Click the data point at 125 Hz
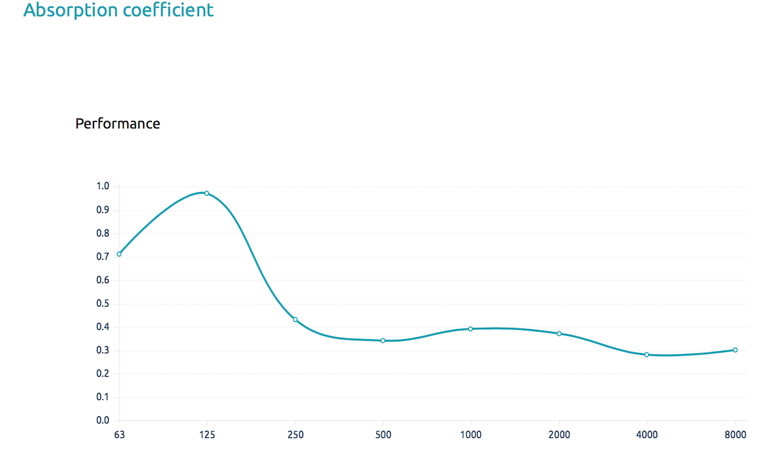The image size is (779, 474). (x=207, y=193)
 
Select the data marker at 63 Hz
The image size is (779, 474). (x=119, y=254)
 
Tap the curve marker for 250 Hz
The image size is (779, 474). (x=295, y=319)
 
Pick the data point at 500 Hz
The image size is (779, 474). (x=383, y=340)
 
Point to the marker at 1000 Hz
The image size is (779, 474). (x=471, y=329)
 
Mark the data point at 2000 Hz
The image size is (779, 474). (x=559, y=333)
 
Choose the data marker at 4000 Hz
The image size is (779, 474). (x=646, y=354)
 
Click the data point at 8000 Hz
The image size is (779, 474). (x=735, y=350)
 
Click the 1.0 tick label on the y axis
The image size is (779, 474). (x=103, y=186)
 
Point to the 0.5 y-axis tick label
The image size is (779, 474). (x=103, y=304)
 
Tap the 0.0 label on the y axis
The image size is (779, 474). (x=103, y=420)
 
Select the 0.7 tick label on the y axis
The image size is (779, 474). (x=103, y=257)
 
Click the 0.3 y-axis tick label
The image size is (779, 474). (x=103, y=350)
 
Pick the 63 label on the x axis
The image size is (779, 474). (x=119, y=435)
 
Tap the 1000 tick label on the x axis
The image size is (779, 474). (x=471, y=435)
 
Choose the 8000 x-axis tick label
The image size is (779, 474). (x=735, y=435)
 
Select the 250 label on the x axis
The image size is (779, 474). (x=295, y=435)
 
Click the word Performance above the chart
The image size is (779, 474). (x=117, y=124)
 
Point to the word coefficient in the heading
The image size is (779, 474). (x=169, y=9)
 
